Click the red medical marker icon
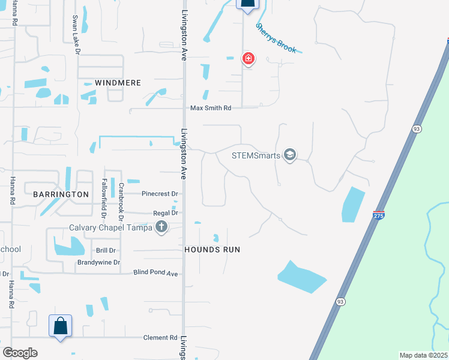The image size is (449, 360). [248, 58]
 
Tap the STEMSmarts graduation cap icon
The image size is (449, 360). [291, 155]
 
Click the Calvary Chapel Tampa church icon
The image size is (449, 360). [161, 227]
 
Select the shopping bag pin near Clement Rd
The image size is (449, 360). [60, 326]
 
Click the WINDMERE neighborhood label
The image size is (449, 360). [118, 83]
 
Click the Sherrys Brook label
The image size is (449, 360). [276, 38]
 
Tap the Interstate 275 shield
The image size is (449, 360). [378, 215]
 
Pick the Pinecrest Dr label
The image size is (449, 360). [160, 194]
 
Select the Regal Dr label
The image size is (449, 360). [166, 213]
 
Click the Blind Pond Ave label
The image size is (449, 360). [156, 274]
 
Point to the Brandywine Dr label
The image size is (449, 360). [98, 263]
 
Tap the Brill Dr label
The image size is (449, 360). [106, 250]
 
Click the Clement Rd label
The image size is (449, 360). [160, 338]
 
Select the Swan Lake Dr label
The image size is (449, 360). [76, 35]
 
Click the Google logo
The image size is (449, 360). [20, 353]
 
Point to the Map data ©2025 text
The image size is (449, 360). [423, 355]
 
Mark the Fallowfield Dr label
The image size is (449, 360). [104, 198]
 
